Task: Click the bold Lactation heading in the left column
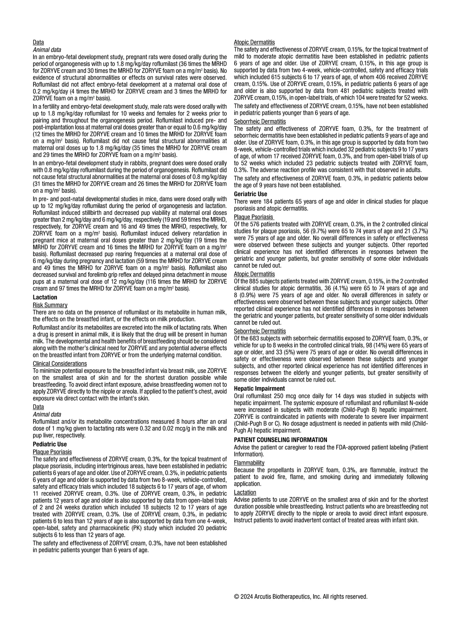[45, 297]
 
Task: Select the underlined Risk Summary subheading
[50, 305]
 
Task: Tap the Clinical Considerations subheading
[60, 363]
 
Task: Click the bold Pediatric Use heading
[50, 444]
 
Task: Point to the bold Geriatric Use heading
[251, 194]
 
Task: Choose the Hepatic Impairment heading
[259, 388]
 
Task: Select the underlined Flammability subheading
[249, 463]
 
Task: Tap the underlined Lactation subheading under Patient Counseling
[245, 492]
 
